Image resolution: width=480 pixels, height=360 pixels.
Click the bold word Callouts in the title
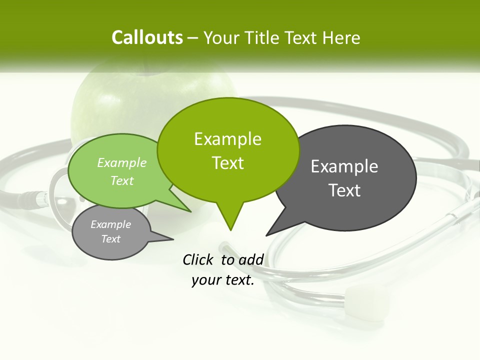(147, 37)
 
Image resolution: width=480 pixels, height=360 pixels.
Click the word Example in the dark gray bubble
(344, 166)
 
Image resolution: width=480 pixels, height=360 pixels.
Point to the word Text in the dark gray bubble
(344, 190)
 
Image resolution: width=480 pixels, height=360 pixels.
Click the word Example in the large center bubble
(227, 139)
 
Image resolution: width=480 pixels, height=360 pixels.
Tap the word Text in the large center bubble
(227, 163)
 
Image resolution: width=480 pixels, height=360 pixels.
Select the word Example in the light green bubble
(122, 163)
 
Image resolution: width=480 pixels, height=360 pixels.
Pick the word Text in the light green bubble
(122, 180)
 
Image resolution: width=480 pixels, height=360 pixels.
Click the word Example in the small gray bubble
(110, 224)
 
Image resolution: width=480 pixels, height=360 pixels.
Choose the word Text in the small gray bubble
(110, 239)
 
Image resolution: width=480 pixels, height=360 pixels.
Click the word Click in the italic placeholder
(197, 259)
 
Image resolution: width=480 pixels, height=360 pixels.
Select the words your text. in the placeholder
(223, 280)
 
